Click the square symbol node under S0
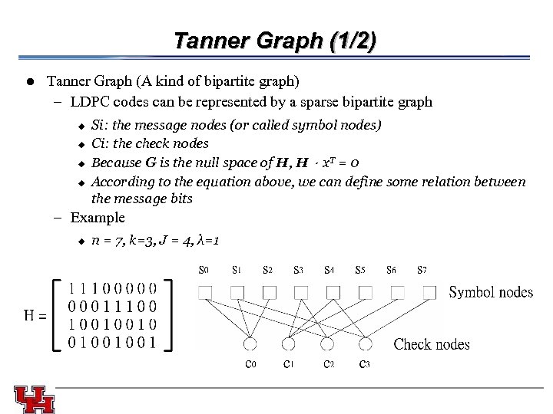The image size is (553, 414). pos(205,292)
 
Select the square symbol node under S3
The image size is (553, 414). pos(300,292)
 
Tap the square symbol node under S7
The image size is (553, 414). pos(429,292)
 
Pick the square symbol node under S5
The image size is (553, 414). pos(364,292)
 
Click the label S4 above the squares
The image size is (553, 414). pos(329,270)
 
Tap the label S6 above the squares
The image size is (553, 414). pos(392,270)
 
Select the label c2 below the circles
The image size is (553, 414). pos(328,364)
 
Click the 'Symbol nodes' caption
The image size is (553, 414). pos(490,292)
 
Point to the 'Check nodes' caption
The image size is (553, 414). pos(431,344)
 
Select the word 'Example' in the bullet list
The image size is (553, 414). pos(97,218)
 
